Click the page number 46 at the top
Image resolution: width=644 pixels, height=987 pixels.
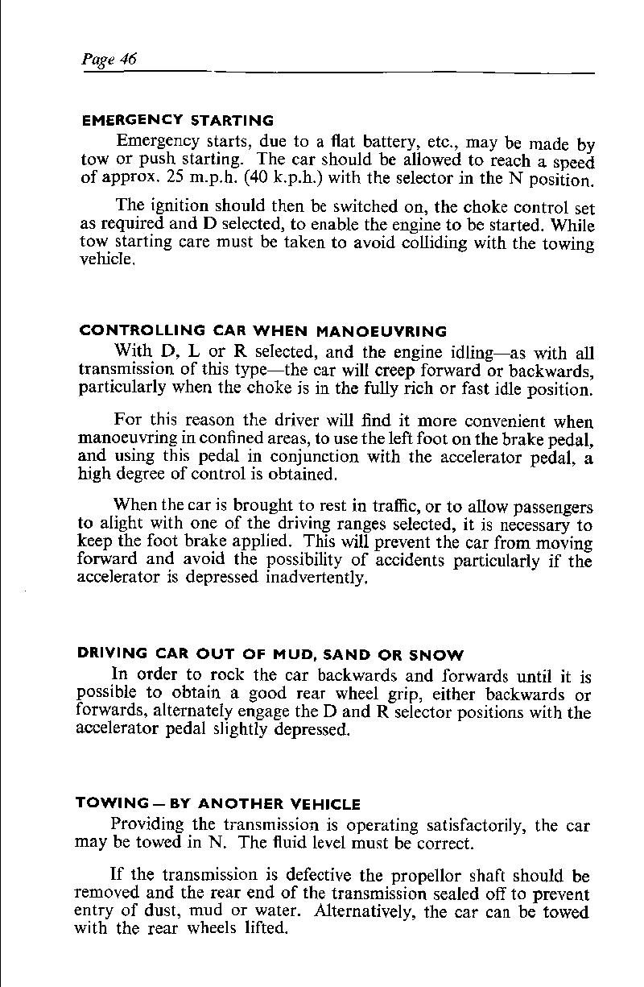128,60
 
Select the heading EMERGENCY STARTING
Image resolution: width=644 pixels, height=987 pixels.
178,122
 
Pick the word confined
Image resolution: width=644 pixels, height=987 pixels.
237,440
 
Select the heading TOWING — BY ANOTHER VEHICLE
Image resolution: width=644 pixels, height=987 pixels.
217,804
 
